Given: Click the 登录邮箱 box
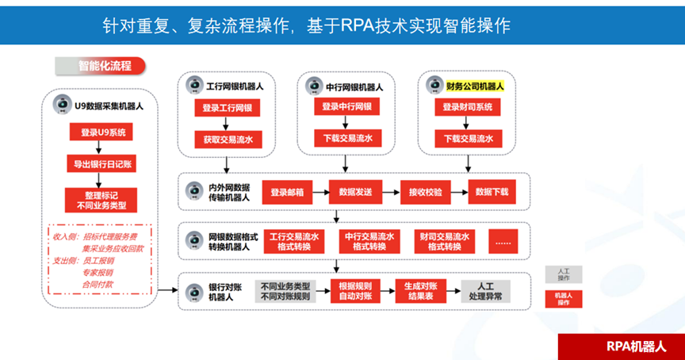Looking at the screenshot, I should coord(285,192).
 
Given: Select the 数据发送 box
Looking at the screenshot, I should coord(355,192).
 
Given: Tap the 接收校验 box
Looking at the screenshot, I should coord(425,192).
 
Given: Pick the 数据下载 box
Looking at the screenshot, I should coord(492,192).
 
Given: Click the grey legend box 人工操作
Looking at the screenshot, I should coord(563,274).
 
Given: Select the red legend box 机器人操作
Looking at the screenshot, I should coord(563,299).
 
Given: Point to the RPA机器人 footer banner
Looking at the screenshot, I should coord(621,347).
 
